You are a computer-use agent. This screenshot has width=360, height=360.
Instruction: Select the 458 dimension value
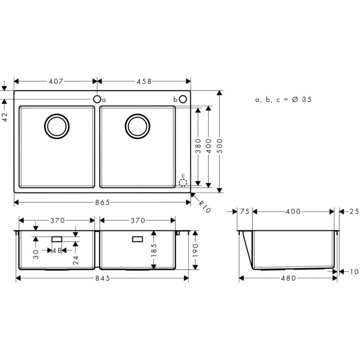[x=144, y=81]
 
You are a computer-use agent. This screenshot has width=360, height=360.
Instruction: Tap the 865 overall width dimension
[x=102, y=202]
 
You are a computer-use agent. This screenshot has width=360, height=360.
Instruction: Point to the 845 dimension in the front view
[x=102, y=278]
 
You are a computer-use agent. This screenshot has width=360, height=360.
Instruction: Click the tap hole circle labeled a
[x=97, y=99]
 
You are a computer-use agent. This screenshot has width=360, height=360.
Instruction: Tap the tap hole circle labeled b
[x=183, y=99]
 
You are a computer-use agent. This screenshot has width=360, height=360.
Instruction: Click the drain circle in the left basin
[x=56, y=125]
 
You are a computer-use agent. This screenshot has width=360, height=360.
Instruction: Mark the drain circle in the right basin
[x=136, y=125]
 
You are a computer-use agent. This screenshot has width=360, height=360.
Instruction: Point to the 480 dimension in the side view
[x=288, y=278]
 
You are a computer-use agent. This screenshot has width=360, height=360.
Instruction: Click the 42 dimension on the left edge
[x=4, y=116]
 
